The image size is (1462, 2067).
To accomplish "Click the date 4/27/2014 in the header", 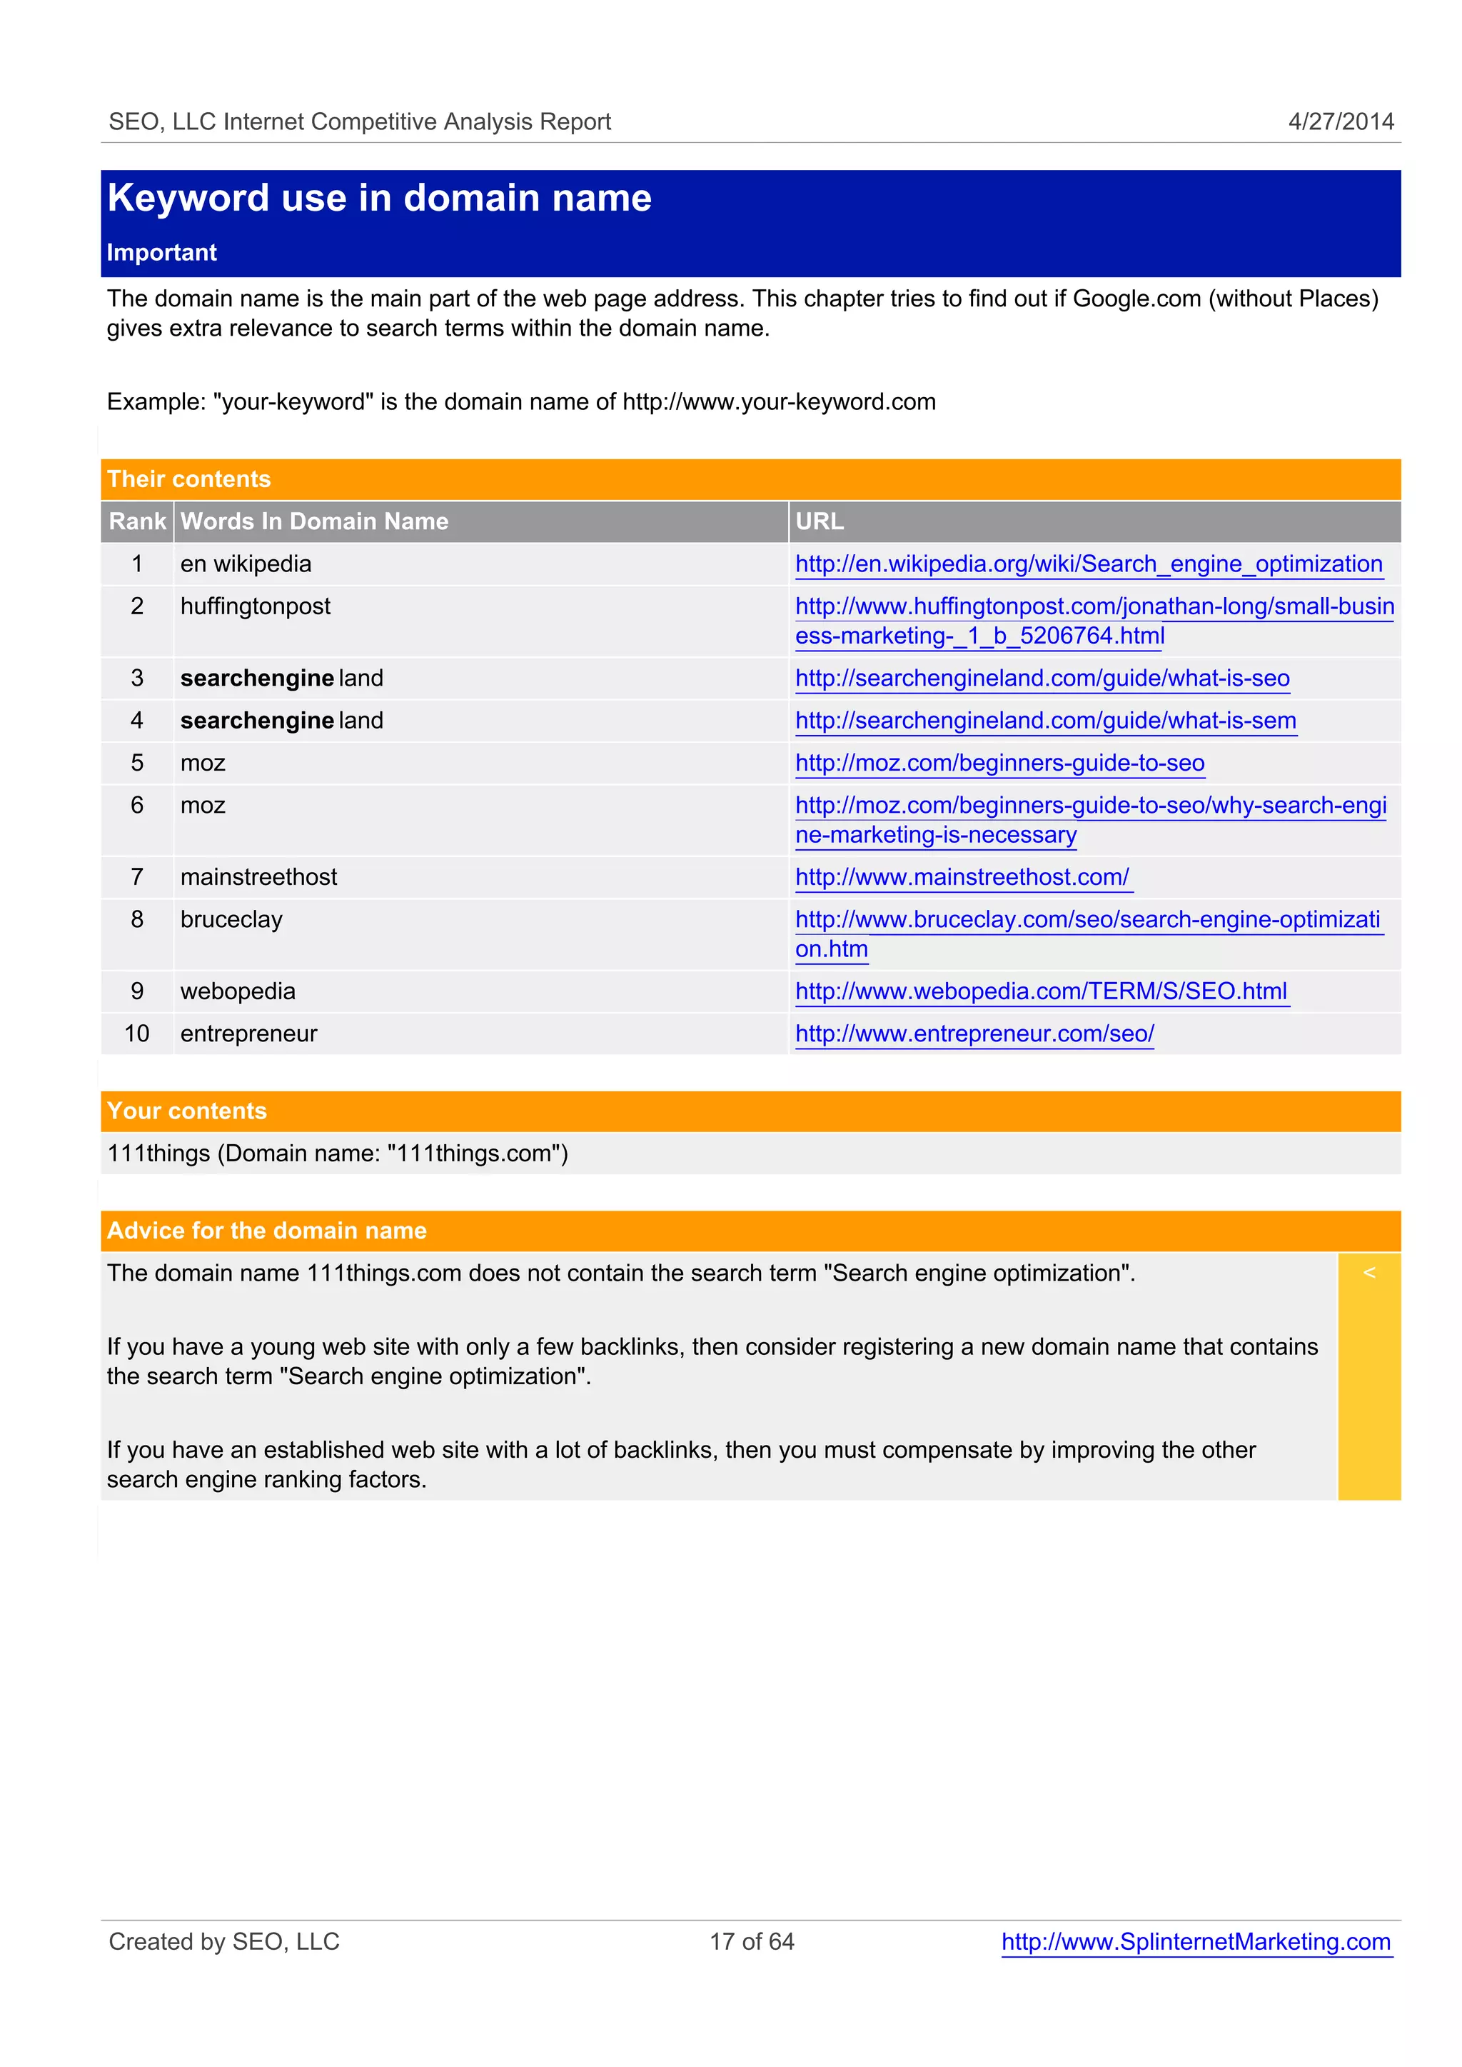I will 1341,121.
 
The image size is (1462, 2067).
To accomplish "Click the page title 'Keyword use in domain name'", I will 379,198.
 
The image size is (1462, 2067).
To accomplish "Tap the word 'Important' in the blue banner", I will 162,252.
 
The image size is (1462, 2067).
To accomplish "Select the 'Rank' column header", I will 137,521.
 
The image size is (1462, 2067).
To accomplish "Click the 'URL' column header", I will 820,521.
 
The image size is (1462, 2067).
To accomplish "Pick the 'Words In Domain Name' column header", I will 314,521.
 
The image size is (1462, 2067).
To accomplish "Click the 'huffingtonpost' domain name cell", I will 256,606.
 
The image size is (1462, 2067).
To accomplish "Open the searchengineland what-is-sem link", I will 1045,721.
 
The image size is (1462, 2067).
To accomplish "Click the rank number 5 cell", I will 137,763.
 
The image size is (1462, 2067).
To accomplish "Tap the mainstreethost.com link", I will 962,877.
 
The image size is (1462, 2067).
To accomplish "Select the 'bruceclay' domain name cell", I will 231,919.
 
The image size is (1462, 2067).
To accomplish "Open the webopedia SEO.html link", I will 1041,991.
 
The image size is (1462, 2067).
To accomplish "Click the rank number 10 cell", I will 137,1034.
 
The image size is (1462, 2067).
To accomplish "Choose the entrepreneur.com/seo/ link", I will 974,1034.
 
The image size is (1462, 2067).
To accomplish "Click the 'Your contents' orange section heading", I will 187,1111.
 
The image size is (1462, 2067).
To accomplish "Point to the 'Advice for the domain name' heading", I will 266,1231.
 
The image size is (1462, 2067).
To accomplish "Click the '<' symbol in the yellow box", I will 1368,1273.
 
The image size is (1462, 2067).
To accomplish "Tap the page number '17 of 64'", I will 752,1942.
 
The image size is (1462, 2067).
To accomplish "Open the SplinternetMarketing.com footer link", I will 1196,1942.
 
